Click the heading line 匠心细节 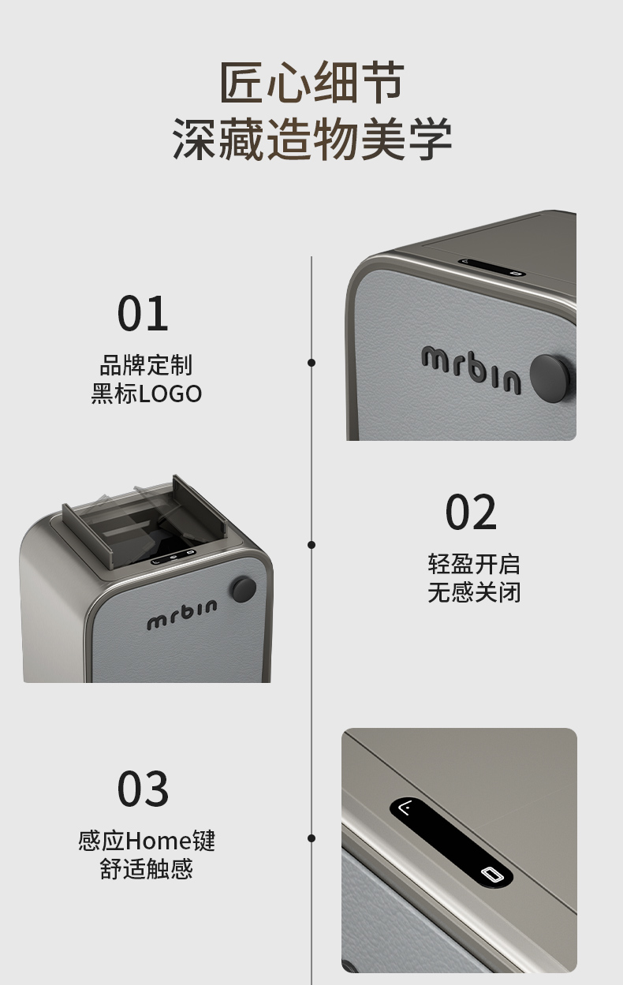pos(311,83)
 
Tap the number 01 pos(143,313)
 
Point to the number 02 pos(471,513)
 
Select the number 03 pos(143,789)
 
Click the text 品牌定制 pos(146,365)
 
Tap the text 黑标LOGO pos(146,394)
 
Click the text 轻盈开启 pos(474,564)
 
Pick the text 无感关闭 pos(474,592)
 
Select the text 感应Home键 pos(146,841)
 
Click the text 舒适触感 pos(146,869)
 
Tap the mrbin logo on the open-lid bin pos(181,615)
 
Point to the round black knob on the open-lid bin pos(244,588)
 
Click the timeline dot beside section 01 pos(311,363)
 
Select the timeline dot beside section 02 pos(311,545)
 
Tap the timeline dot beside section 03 pos(311,838)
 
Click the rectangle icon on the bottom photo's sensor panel pos(491,875)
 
